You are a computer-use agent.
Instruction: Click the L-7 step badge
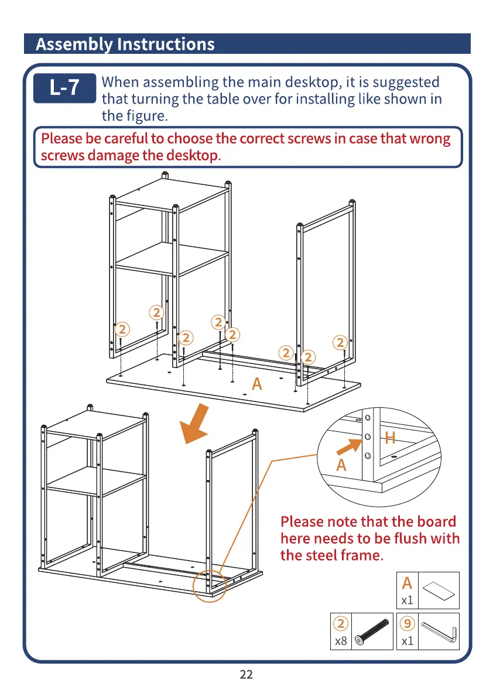pos(64,88)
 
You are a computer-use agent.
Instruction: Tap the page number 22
pos(246,675)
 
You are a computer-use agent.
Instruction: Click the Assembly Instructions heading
pos(125,44)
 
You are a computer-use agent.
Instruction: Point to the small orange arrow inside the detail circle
pos(348,448)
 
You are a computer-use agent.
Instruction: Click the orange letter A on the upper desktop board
pos(256,384)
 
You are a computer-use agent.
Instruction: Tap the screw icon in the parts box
pos(372,631)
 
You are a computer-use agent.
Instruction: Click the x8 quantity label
pos(340,641)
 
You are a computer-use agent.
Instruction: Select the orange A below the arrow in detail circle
pos(341,466)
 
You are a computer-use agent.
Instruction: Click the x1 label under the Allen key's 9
pos(408,641)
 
